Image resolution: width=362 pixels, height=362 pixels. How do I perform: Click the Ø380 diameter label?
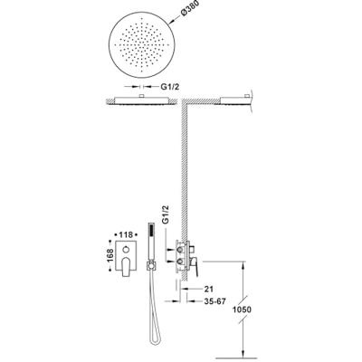[190, 10]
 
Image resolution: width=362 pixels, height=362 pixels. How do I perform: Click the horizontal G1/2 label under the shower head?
[170, 87]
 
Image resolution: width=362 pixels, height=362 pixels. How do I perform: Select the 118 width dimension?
[126, 234]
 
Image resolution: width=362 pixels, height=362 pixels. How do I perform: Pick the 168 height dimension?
[110, 255]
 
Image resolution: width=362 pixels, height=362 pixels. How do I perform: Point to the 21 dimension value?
[209, 289]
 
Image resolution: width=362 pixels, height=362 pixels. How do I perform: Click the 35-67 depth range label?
[214, 301]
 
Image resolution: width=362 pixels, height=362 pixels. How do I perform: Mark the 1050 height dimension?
[243, 310]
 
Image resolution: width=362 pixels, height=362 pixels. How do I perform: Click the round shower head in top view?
[141, 44]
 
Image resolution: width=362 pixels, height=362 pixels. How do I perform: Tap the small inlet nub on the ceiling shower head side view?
[141, 96]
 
